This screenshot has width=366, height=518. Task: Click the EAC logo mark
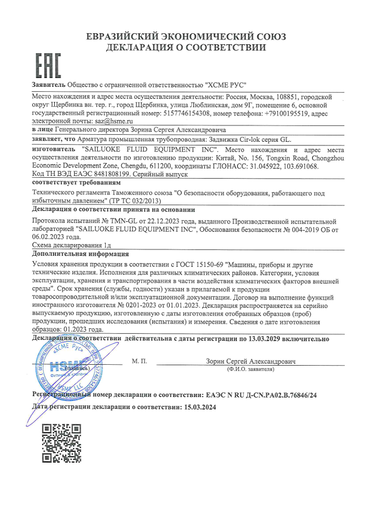pos(48,66)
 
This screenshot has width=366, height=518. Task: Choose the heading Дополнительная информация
pos(80,254)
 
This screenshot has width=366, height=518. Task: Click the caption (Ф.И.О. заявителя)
pos(250,369)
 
